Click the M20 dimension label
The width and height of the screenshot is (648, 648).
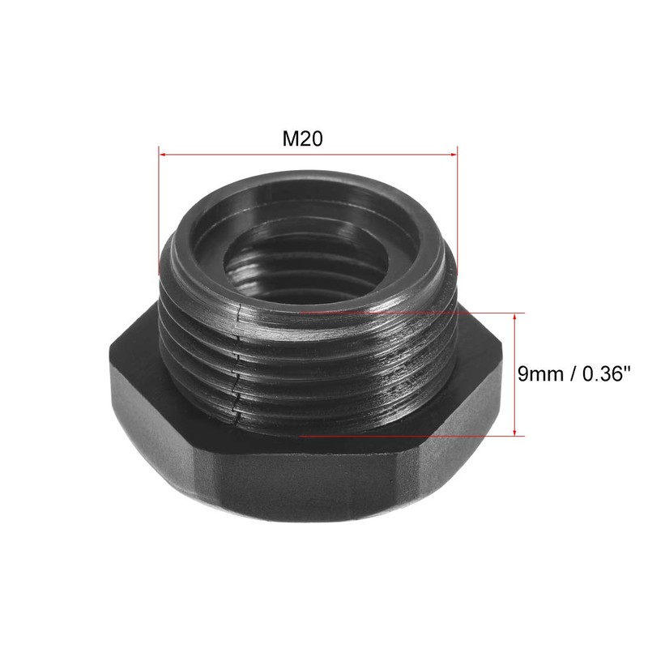(x=303, y=139)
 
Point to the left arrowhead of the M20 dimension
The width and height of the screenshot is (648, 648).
(x=161, y=152)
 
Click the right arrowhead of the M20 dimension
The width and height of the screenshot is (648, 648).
(x=455, y=152)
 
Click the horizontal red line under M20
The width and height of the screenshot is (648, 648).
(x=308, y=152)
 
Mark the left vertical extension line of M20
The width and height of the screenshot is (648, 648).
(x=159, y=211)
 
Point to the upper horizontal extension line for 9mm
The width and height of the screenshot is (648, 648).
(x=405, y=312)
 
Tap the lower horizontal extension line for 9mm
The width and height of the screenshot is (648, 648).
(x=405, y=436)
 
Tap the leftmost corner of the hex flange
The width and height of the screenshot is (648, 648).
(x=109, y=360)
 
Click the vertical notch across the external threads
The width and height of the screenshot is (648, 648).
(x=237, y=364)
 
